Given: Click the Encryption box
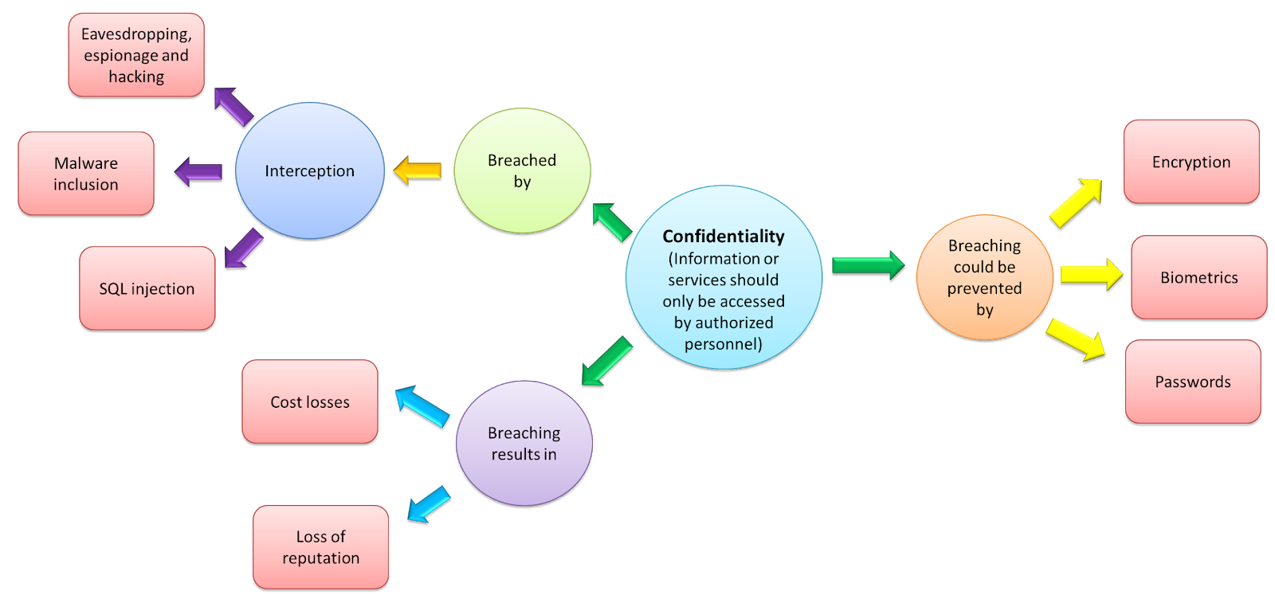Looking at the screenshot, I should [1191, 162].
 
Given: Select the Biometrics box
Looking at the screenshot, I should [1198, 277].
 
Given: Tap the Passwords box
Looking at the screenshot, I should [1192, 382].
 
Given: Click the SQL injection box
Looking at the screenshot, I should [147, 288].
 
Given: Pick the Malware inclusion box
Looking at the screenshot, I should [86, 174].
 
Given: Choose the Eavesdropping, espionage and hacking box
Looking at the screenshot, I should [136, 55].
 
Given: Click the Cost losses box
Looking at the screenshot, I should [310, 401].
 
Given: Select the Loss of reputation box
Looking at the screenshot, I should [320, 546].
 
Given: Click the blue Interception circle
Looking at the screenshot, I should [310, 170].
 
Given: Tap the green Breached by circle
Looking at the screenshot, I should [522, 170].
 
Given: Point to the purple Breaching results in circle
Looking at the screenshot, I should [524, 443].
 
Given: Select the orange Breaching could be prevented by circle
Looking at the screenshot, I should [984, 277].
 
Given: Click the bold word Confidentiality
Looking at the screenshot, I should [723, 237].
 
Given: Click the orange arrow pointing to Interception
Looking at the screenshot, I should [418, 170].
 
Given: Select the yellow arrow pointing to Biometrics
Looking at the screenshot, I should [1091, 275].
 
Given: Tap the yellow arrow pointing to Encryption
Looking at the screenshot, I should [1076, 203].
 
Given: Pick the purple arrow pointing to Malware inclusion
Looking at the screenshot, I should [198, 171].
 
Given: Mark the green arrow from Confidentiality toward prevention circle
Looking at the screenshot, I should [868, 264].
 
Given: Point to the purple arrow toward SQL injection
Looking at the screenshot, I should [244, 248].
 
